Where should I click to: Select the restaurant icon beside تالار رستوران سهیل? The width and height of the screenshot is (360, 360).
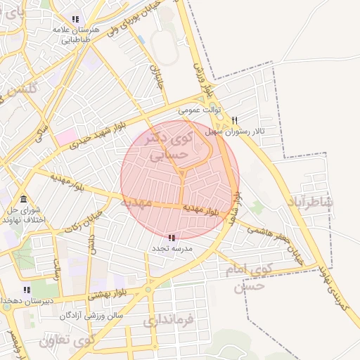[235, 120]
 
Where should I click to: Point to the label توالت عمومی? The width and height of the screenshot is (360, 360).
[200, 110]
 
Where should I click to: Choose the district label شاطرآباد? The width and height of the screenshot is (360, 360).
[310, 202]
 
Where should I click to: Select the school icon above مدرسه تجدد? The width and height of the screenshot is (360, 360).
[173, 238]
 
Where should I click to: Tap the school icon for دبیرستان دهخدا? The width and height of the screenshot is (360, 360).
[27, 290]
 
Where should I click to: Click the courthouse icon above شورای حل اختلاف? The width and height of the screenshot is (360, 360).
[24, 199]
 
